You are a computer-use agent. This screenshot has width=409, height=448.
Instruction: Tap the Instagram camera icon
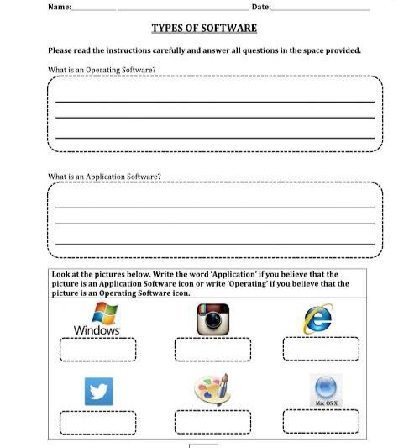point(212,319)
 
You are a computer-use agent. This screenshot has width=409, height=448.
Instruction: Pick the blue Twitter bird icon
point(98,390)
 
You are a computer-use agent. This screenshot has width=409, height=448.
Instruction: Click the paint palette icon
point(212,389)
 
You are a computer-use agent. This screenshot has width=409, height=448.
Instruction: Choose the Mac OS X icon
point(326,390)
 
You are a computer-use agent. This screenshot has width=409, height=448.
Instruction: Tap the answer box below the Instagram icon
point(212,349)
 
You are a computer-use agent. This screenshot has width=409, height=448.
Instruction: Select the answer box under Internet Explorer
point(321,349)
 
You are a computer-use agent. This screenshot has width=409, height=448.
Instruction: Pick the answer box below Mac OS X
point(321,421)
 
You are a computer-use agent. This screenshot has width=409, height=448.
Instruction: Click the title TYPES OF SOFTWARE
point(204,29)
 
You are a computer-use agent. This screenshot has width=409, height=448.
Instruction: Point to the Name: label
point(60,7)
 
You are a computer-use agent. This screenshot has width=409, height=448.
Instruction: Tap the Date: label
point(261,7)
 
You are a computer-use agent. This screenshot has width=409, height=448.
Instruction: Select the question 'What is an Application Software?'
point(104,177)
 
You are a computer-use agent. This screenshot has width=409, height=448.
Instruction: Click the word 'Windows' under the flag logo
point(97,330)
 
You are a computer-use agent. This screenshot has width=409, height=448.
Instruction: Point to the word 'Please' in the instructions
point(61,50)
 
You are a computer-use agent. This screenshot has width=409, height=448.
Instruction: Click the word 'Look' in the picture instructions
point(61,274)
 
